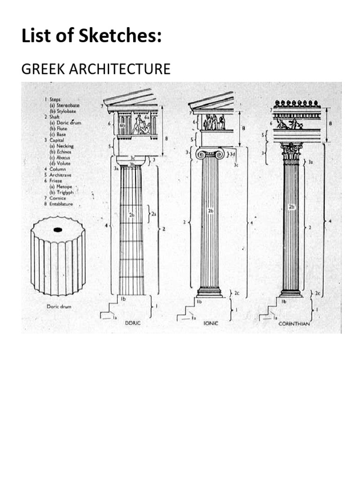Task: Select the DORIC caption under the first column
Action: pos(133,323)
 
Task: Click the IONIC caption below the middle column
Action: pos(210,323)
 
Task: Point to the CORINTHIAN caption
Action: pos(294,323)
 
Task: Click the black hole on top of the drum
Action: pos(58,230)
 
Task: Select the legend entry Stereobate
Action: pos(63,106)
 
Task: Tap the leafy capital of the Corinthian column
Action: pos(291,153)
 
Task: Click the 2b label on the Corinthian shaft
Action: pos(291,207)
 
